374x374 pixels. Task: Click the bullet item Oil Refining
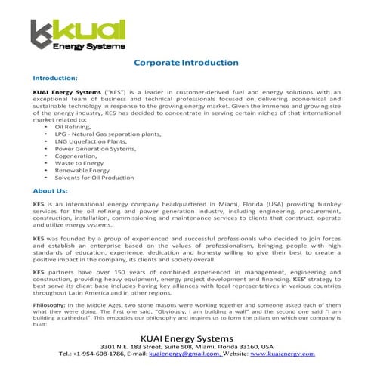[74, 127]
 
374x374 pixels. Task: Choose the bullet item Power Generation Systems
[94, 148]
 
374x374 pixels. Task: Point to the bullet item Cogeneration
[78, 156]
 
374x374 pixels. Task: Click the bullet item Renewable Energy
[82, 171]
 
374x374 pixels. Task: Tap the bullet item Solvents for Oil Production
[94, 178]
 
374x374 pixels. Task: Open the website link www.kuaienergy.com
[283, 354]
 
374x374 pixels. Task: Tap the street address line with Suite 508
[187, 345]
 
